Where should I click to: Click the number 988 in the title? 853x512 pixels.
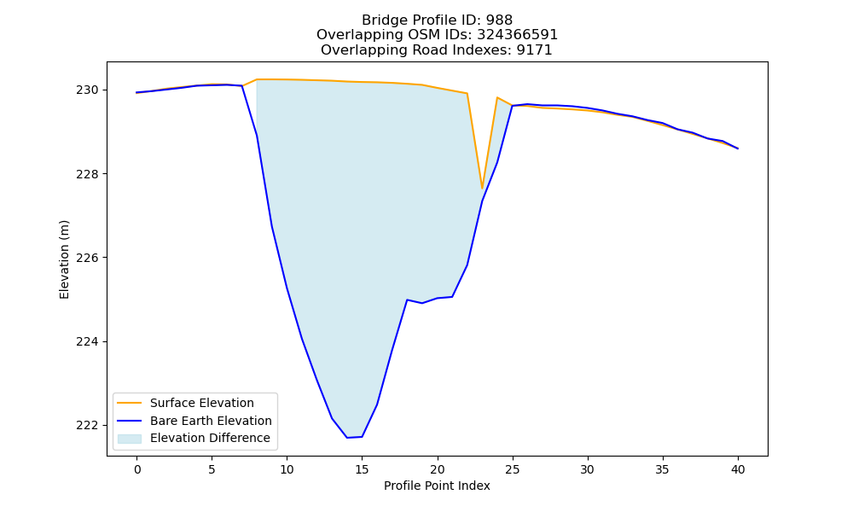click(x=499, y=20)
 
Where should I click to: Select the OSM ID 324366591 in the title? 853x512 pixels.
click(x=518, y=35)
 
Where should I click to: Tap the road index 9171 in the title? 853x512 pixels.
click(x=535, y=50)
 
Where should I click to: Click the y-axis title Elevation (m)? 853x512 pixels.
click(x=64, y=259)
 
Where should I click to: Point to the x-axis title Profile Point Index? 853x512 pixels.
click(x=437, y=486)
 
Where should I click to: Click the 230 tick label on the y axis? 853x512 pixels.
click(x=87, y=90)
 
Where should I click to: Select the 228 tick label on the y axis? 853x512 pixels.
click(x=87, y=174)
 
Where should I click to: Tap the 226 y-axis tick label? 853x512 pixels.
click(x=87, y=258)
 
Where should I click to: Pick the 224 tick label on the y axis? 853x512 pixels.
click(x=87, y=341)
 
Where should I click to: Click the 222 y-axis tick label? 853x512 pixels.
click(x=87, y=426)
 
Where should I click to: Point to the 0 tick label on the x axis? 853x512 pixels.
click(x=137, y=469)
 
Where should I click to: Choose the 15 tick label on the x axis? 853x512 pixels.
click(x=362, y=469)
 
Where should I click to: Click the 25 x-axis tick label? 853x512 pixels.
click(x=512, y=469)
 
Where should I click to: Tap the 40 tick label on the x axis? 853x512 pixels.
click(x=738, y=469)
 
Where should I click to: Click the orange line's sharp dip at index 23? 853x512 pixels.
click(x=482, y=189)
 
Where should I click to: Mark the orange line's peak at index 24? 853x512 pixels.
click(x=497, y=97)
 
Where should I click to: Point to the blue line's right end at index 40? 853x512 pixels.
click(x=738, y=148)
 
